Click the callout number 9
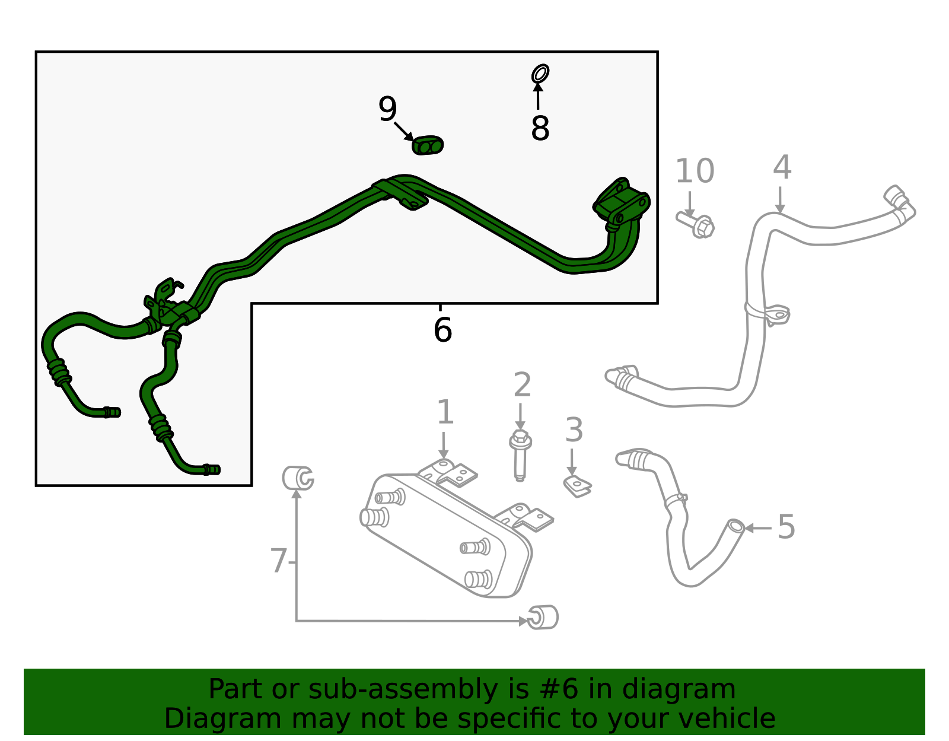(387, 109)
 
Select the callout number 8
(540, 128)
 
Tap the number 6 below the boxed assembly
(442, 330)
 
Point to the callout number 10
(695, 171)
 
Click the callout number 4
(782, 167)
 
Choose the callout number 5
(786, 527)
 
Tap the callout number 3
(574, 430)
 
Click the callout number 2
(522, 384)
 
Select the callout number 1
(445, 412)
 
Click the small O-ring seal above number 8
(540, 74)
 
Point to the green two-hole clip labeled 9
(428, 145)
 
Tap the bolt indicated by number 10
(695, 224)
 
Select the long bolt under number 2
(520, 456)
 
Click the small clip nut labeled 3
(577, 486)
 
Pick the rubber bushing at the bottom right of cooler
(543, 617)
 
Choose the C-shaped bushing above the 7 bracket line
(298, 478)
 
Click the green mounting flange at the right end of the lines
(621, 203)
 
